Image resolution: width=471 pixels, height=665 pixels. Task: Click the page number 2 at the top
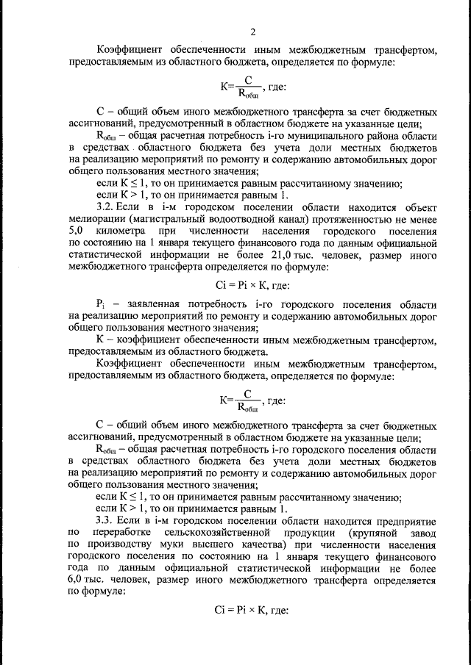252,31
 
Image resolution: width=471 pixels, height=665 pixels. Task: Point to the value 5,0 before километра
74,231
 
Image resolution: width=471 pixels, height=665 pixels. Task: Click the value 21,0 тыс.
279,255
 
